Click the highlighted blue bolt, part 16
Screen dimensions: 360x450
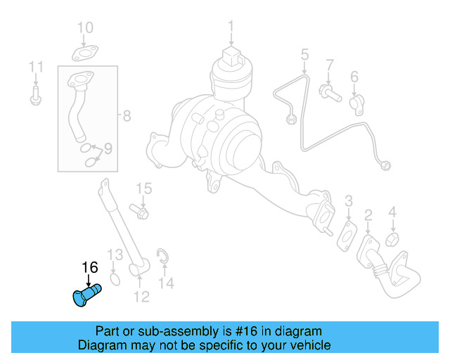[x=86, y=294]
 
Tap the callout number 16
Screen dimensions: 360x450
[x=90, y=267]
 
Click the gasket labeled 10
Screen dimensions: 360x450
[x=84, y=52]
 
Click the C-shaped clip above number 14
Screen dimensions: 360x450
[x=162, y=256]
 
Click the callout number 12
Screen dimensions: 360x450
[x=141, y=297]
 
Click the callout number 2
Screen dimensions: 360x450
[x=368, y=215]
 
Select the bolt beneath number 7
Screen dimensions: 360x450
[x=328, y=91]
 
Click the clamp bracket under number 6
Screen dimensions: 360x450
[x=356, y=103]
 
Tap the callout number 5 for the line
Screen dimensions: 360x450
[x=305, y=54]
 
